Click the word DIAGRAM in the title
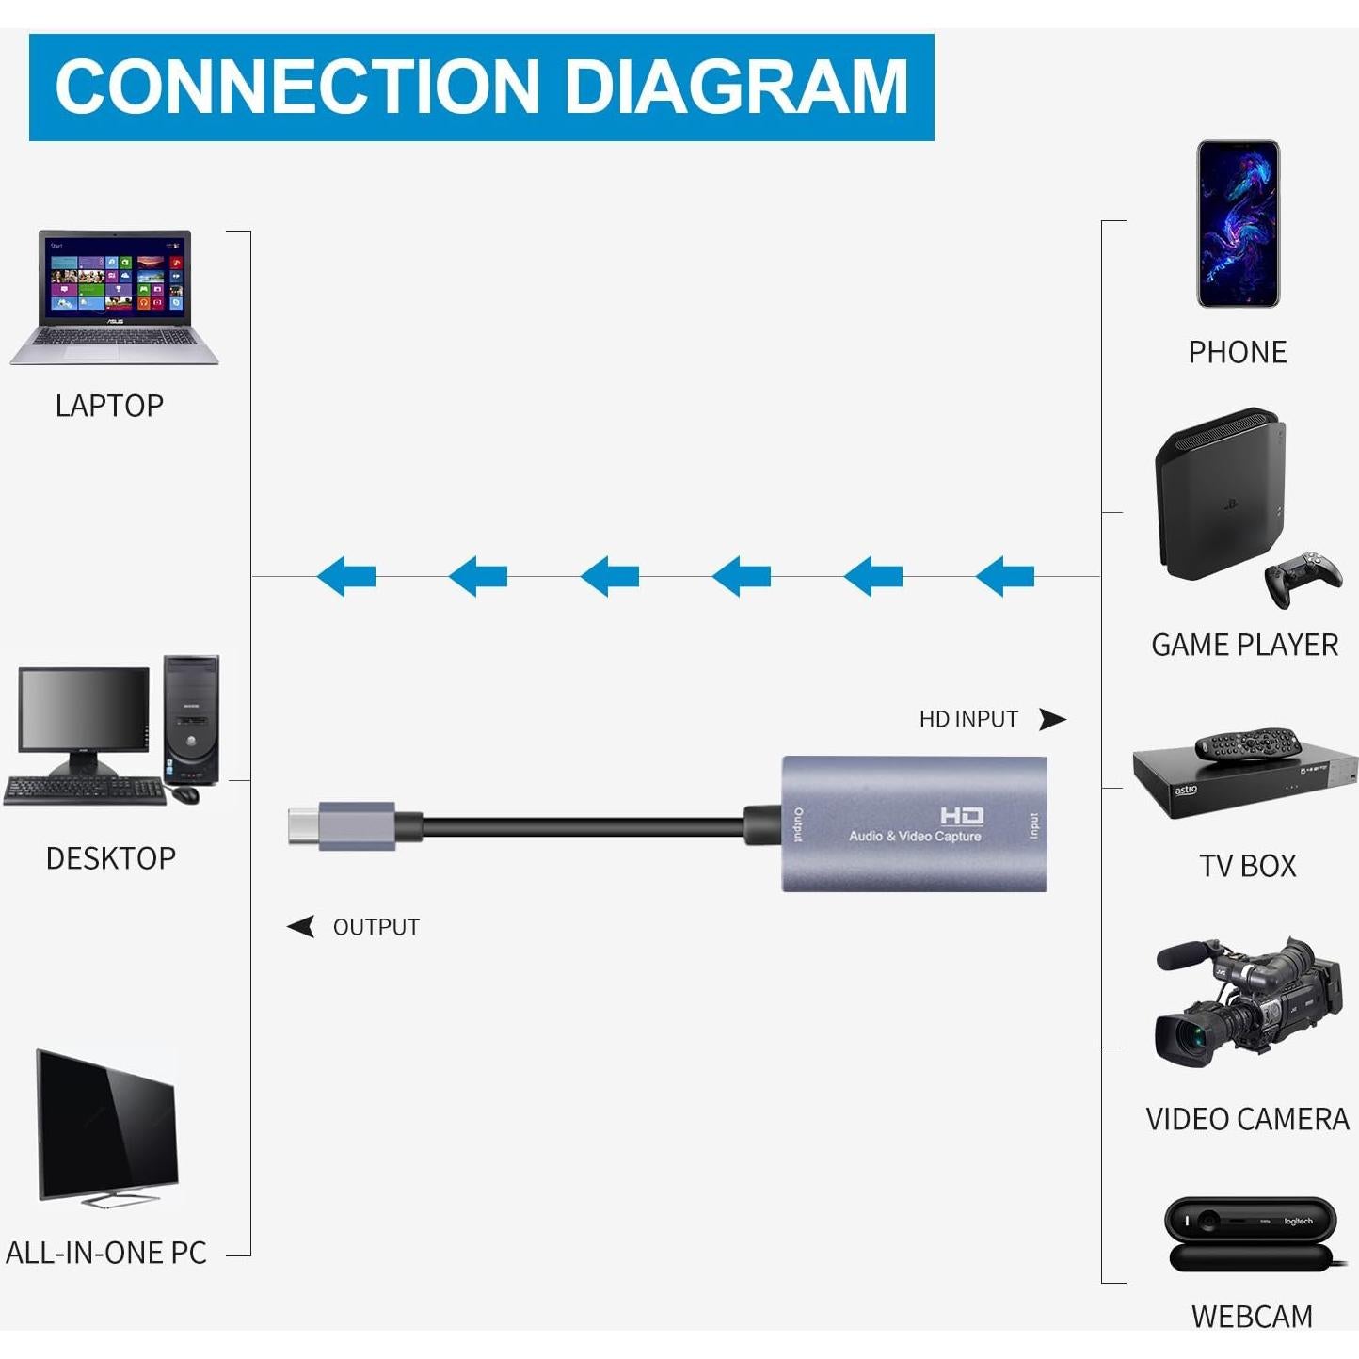(736, 87)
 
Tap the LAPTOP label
(109, 406)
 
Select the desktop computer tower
(191, 719)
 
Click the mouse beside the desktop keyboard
(186, 794)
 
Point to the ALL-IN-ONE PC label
(106, 1253)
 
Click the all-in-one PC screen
(106, 1126)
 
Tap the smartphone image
(1238, 224)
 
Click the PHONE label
(1237, 352)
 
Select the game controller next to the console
(1303, 576)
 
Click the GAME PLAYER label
(1244, 645)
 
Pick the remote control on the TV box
(1248, 743)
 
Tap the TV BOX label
(1247, 866)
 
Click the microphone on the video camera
(1188, 955)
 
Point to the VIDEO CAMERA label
(1247, 1119)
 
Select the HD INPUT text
(968, 719)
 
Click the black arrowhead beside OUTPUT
(301, 927)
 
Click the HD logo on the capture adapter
(962, 815)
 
